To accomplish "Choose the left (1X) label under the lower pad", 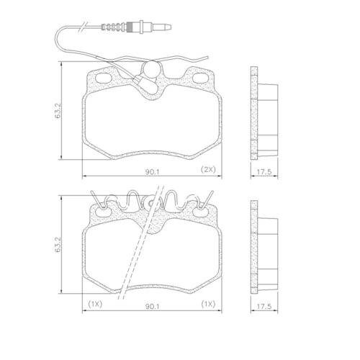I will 94,304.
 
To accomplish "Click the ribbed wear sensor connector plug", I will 116,30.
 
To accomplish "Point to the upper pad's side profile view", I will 262,115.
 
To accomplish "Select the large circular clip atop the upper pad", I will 151,69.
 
